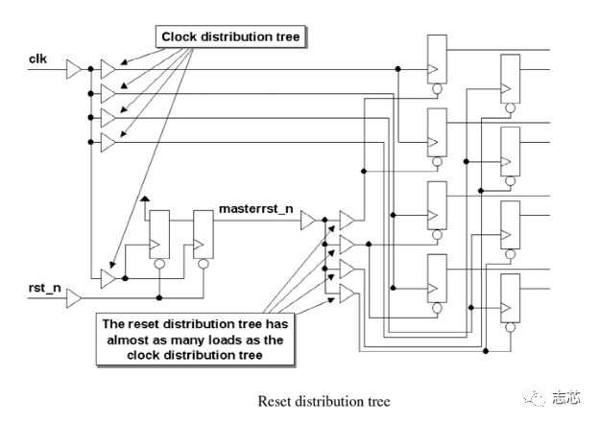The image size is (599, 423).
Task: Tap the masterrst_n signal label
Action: [x=257, y=206]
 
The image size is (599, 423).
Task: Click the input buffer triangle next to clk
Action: [x=74, y=69]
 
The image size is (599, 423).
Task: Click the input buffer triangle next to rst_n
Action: [x=74, y=301]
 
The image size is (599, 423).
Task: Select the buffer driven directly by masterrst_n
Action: [x=308, y=222]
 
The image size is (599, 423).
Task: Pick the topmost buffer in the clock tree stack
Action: [x=108, y=69]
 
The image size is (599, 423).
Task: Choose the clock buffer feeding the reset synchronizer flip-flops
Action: [x=108, y=279]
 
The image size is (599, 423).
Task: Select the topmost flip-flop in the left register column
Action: [x=435, y=58]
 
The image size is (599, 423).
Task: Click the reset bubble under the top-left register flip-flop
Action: [x=435, y=89]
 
